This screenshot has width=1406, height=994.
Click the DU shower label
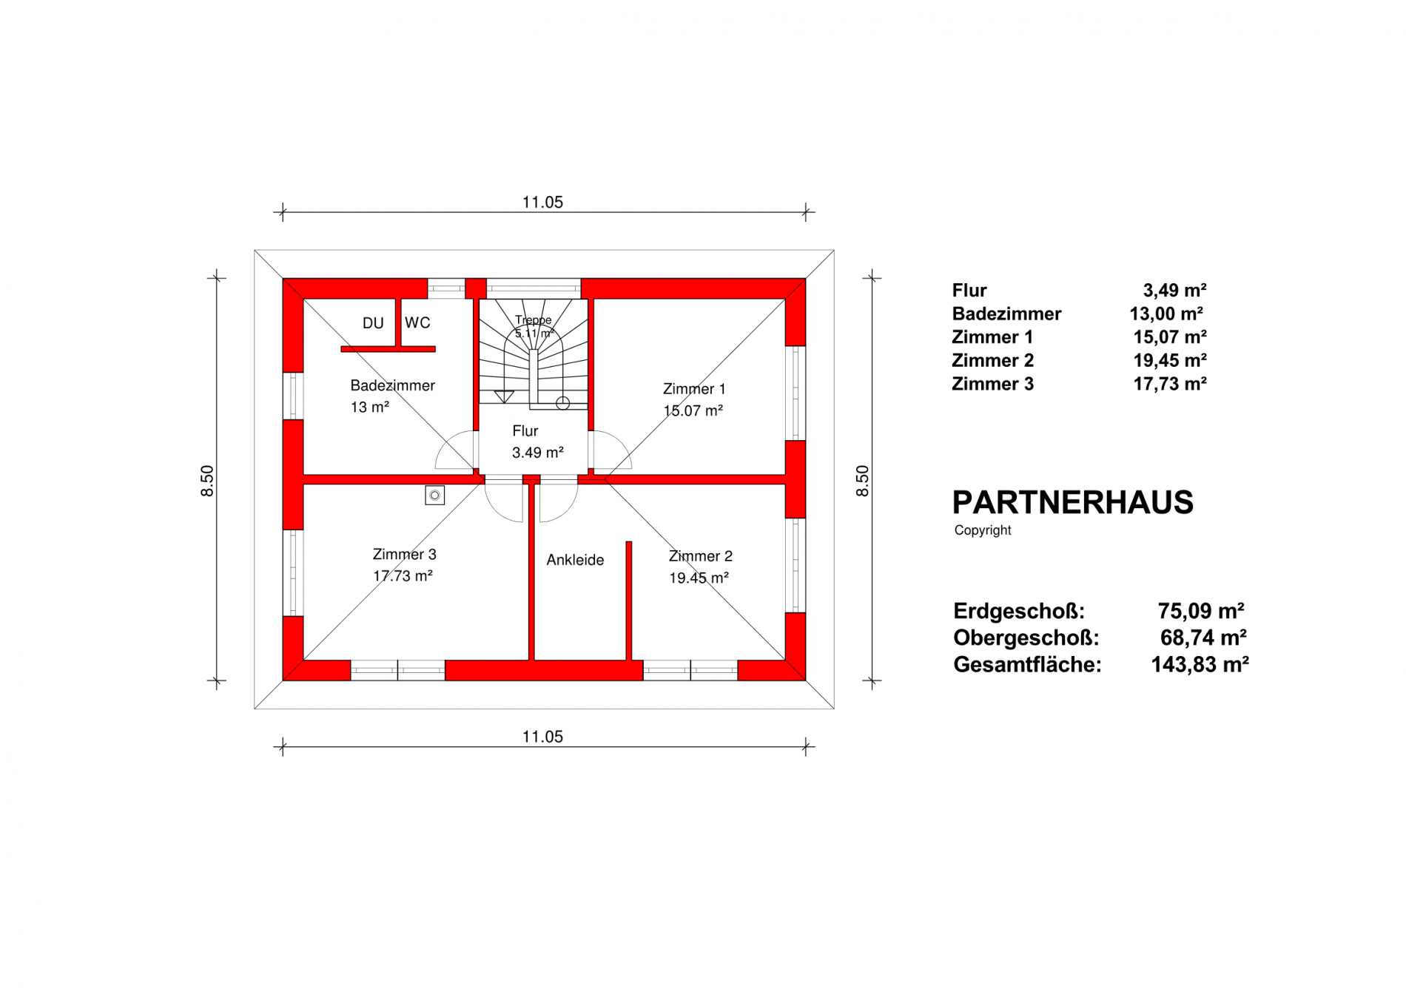point(373,323)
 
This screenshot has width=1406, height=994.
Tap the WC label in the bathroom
point(417,322)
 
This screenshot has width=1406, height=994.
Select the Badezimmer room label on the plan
point(392,385)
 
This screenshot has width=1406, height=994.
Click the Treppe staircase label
point(534,320)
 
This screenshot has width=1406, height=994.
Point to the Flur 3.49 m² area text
point(538,453)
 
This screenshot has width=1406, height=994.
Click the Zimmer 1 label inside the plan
point(694,389)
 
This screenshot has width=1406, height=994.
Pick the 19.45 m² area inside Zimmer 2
point(699,578)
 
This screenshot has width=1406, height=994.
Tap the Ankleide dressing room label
point(575,560)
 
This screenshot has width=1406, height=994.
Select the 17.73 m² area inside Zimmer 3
point(403,576)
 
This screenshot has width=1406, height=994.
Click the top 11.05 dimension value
point(542,202)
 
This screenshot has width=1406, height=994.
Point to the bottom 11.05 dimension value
point(542,737)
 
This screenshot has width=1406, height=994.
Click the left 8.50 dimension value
point(207,481)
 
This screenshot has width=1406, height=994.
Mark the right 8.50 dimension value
point(862,481)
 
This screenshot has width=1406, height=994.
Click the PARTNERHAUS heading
point(1073,503)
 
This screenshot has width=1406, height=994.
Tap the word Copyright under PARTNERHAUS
point(983,530)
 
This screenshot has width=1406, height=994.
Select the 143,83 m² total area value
point(1200,664)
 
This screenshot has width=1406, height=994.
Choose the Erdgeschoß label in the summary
point(1019,612)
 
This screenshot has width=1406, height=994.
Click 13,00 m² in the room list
point(1166,314)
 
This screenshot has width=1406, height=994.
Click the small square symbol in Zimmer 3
point(435,496)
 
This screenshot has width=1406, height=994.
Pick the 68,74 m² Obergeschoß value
point(1203,638)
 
